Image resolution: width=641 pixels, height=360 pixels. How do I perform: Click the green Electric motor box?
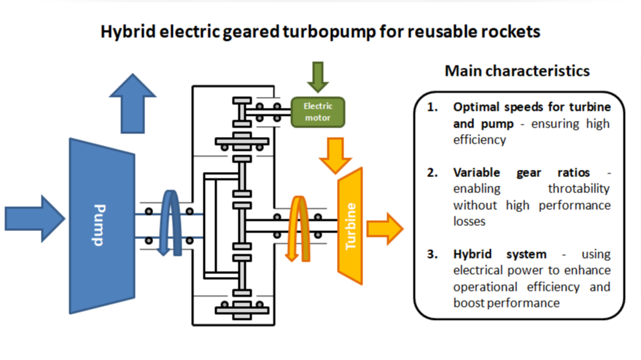click(x=317, y=111)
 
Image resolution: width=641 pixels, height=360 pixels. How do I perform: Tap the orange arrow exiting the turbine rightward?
click(x=384, y=228)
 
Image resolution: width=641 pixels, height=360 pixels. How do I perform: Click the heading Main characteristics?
click(x=516, y=71)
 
